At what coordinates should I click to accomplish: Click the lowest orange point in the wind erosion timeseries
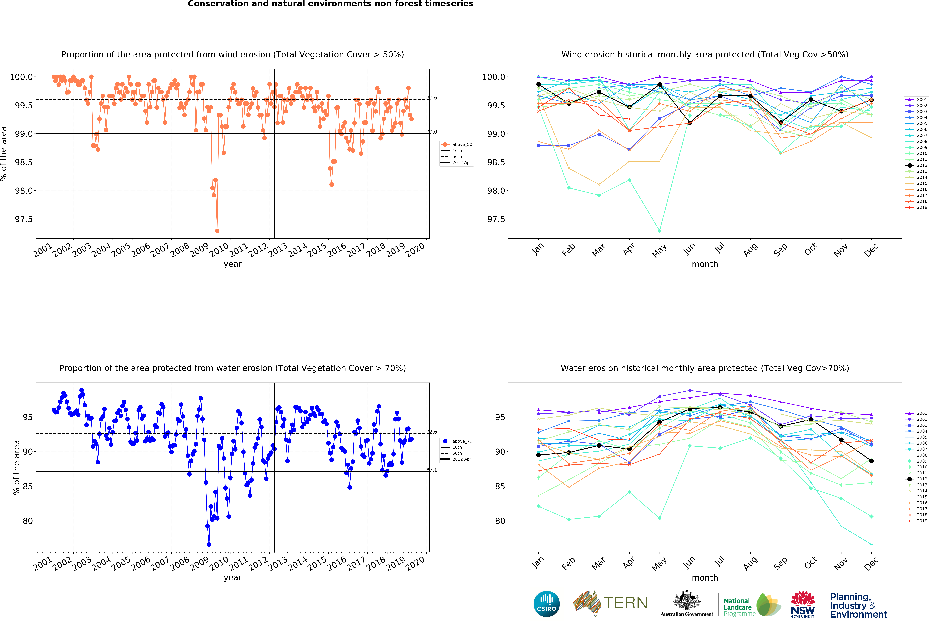tap(217, 231)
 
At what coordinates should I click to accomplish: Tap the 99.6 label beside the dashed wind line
tap(432, 98)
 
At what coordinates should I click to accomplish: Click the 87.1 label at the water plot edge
tap(432, 470)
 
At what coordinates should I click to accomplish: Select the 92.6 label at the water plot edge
tap(432, 432)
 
